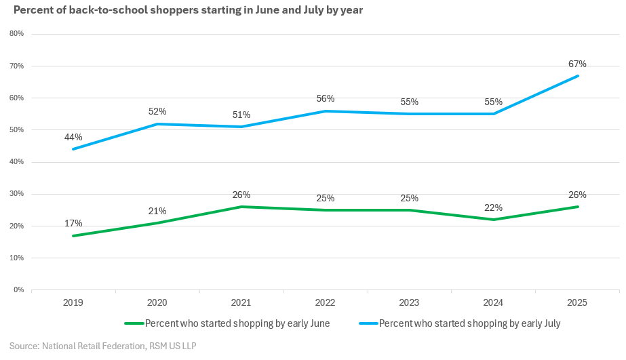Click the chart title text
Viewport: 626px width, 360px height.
coord(188,11)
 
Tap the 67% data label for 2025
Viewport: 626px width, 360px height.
coord(577,64)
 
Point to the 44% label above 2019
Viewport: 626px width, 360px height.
coord(73,137)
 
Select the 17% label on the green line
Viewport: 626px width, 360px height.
coord(73,223)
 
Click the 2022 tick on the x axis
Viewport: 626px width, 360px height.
coord(326,302)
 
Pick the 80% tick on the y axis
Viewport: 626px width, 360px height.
coord(16,34)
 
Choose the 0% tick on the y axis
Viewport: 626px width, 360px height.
coord(18,290)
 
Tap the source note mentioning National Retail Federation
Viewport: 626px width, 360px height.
coord(102,346)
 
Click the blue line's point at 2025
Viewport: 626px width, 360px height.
coord(578,76)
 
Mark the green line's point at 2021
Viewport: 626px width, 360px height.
coord(241,207)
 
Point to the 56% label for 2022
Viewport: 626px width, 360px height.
coord(326,98)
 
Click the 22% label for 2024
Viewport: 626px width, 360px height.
coord(494,207)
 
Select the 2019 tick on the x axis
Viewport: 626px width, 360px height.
coord(73,302)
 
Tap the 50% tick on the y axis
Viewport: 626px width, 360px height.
coord(16,130)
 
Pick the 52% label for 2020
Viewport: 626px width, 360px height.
coord(157,111)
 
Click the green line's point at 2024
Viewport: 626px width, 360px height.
coord(494,220)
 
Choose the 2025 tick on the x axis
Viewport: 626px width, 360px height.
coord(578,302)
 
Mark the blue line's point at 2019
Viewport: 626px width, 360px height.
coord(73,149)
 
